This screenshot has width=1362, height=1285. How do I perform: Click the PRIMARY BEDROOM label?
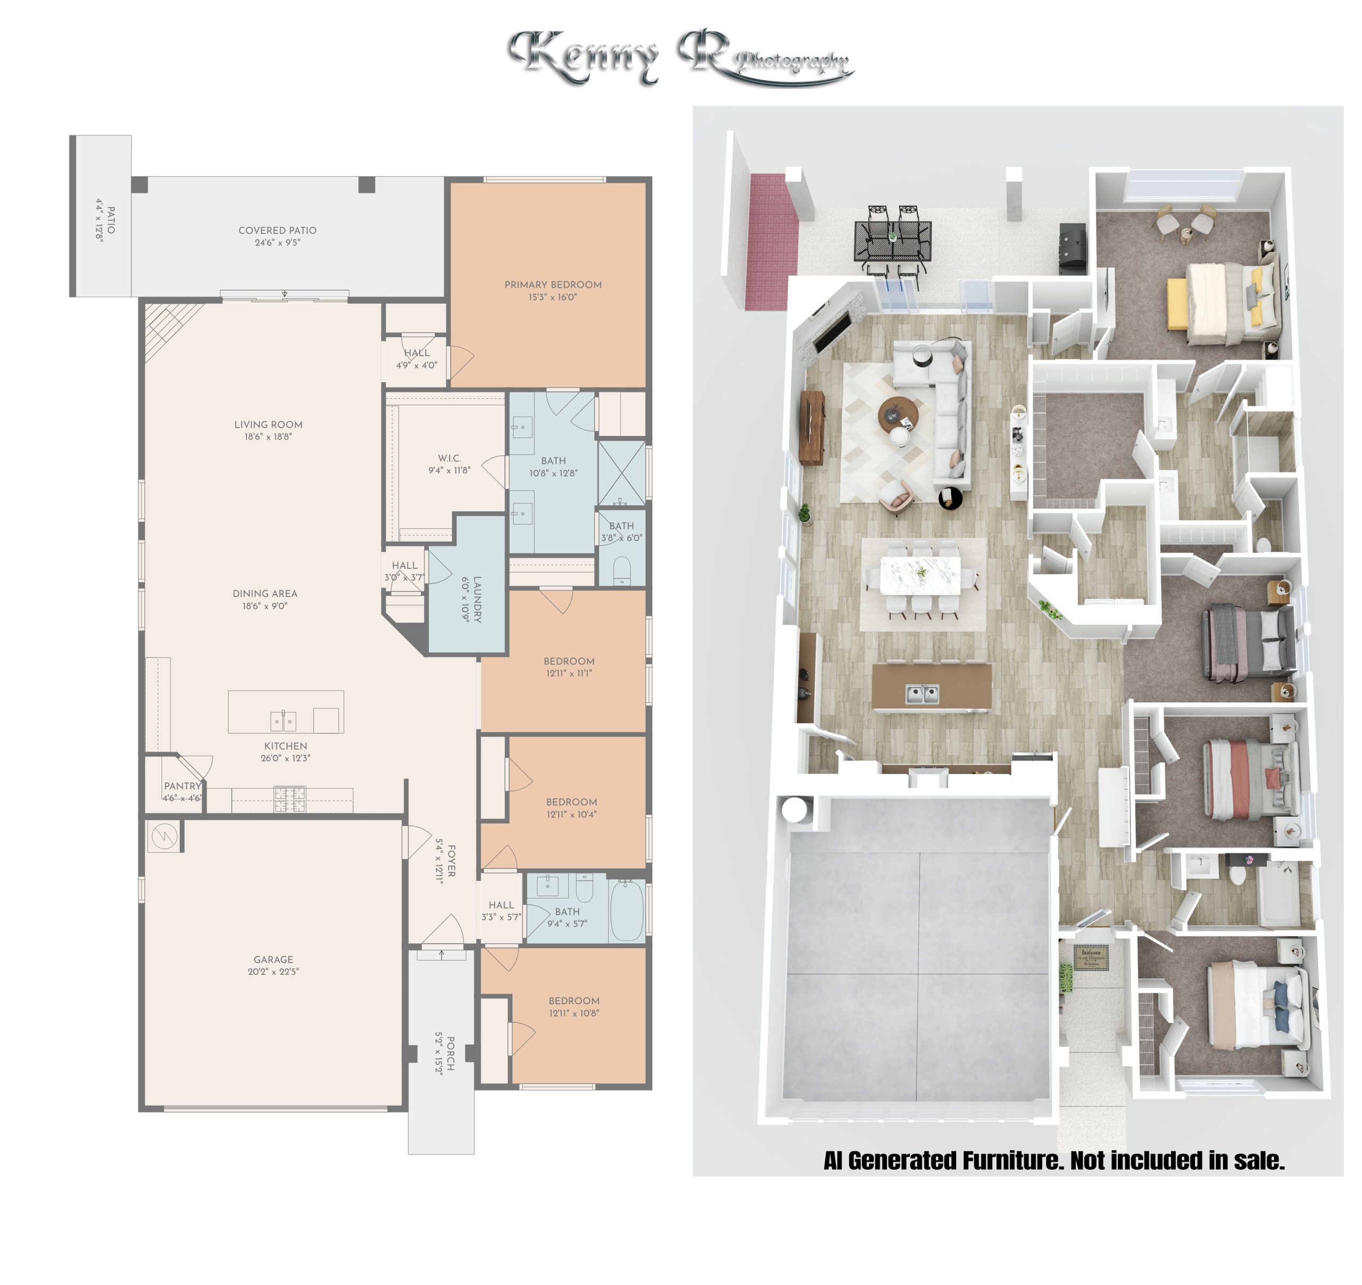tap(553, 285)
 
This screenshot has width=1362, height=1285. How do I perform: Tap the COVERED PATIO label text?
tap(278, 230)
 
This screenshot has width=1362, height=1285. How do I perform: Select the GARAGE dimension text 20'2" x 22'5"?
tap(273, 971)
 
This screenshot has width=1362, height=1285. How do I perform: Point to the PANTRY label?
tap(182, 786)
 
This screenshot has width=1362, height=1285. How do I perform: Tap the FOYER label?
tap(451, 861)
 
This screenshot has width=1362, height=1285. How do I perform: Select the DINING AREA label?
tap(265, 593)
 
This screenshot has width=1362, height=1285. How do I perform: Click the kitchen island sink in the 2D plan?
tap(283, 721)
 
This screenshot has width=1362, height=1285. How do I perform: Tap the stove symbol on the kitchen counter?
tap(290, 799)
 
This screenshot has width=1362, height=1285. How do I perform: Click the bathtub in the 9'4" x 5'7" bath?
tap(626, 911)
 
